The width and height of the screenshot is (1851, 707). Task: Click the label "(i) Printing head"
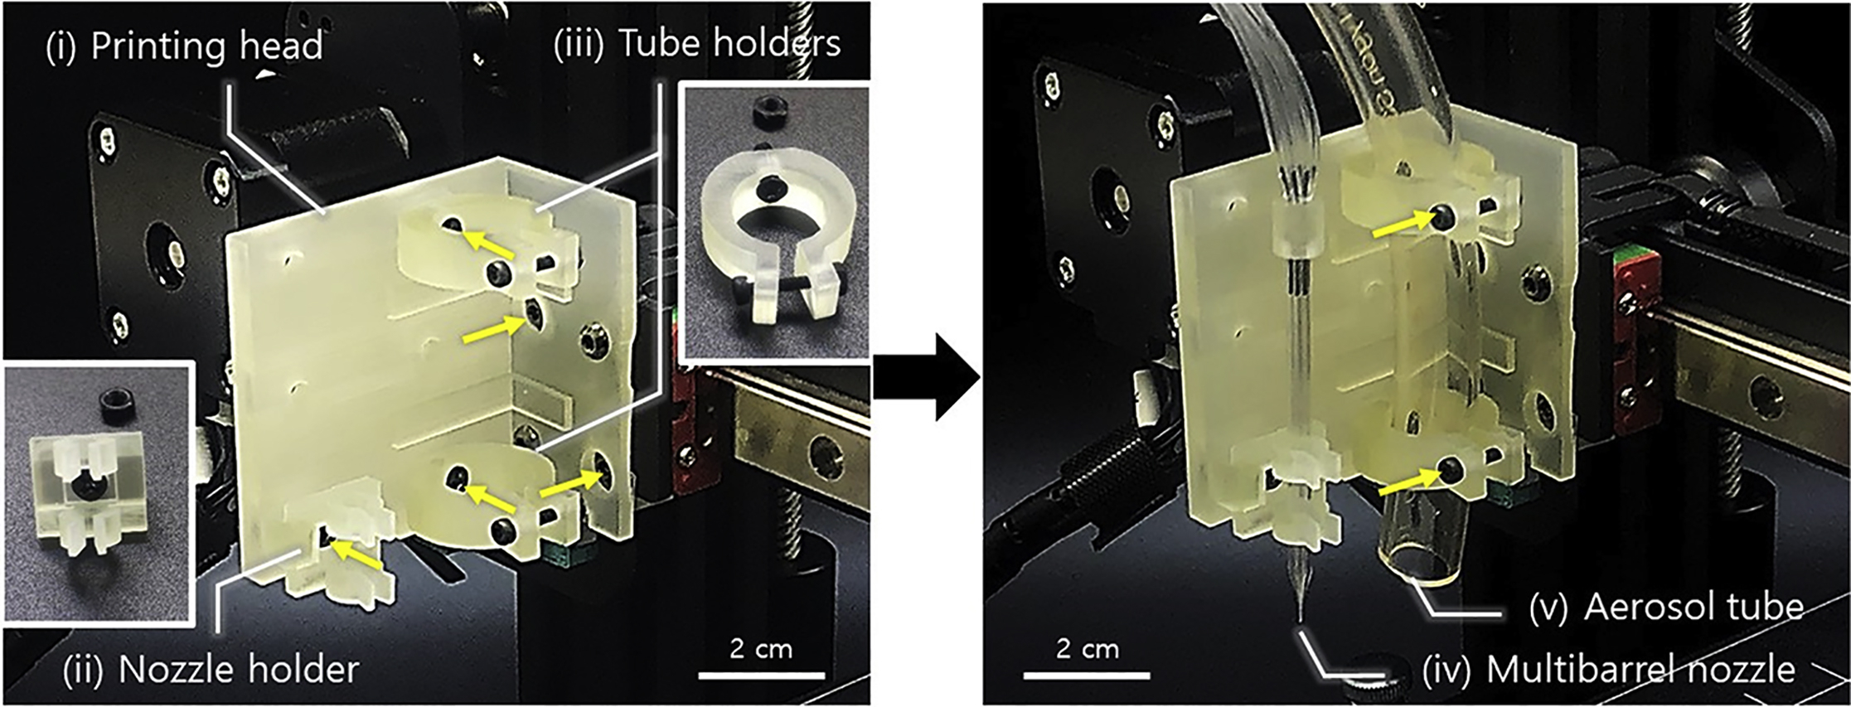tap(183, 46)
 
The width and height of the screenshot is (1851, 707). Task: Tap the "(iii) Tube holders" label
tap(696, 44)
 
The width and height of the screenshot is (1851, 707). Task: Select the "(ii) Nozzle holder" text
tap(211, 669)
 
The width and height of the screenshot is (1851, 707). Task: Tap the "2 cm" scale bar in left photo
tap(761, 675)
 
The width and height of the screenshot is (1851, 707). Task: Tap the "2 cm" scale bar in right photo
tap(1086, 675)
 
